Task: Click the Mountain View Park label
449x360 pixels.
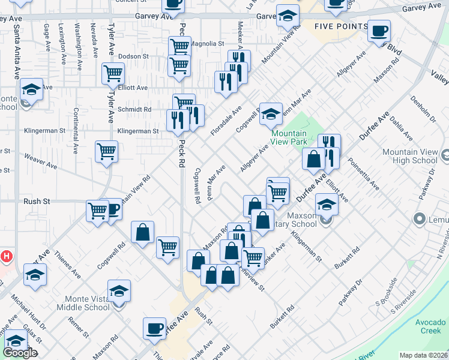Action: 289,137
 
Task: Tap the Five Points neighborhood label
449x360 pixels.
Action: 341,27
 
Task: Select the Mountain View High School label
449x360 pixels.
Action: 409,156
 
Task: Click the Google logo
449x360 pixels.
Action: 20,353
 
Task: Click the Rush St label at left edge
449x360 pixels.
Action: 37,202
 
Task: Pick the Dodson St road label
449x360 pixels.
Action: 133,56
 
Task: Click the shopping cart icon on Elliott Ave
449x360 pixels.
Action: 113,74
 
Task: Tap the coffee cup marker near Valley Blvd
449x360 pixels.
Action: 379,31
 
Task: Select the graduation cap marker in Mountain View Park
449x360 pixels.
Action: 271,114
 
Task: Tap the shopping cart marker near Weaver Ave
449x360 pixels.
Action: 107,152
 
